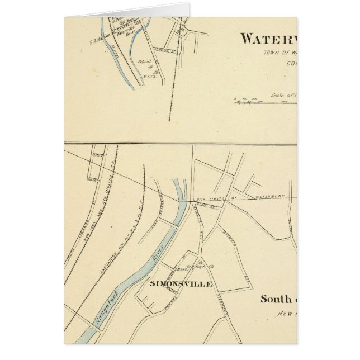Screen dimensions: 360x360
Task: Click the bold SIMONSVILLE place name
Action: [181, 284]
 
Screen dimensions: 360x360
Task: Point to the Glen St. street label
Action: [202, 205]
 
